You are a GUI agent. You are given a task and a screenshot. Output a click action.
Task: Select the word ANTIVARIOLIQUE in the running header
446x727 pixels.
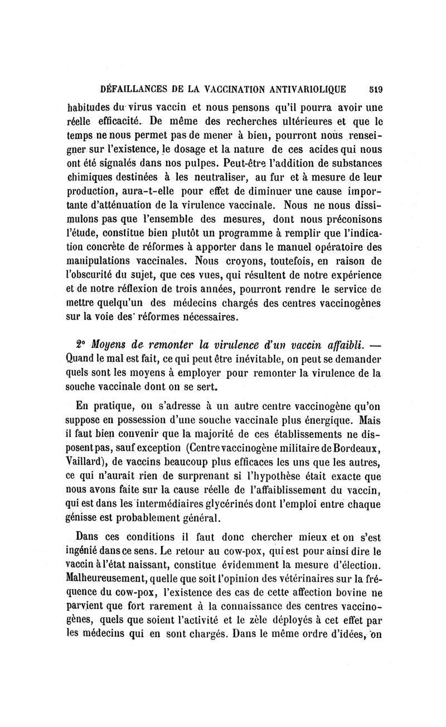coord(305,88)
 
